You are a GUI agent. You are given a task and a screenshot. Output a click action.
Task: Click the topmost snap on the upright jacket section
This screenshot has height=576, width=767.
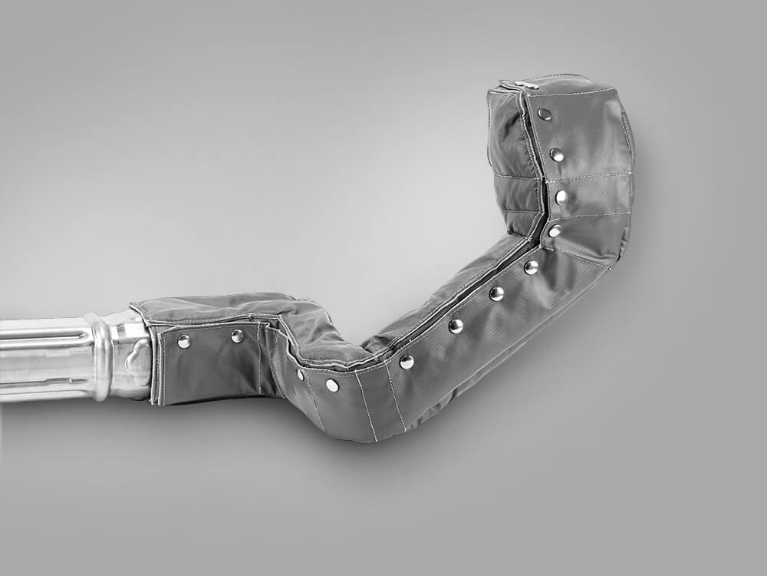tap(544, 114)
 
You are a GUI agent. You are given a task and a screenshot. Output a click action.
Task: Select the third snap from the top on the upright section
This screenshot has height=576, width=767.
tap(561, 197)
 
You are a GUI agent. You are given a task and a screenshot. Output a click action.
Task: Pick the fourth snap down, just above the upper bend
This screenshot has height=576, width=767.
tap(555, 230)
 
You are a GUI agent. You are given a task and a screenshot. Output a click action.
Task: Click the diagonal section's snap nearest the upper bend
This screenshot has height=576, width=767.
tap(531, 266)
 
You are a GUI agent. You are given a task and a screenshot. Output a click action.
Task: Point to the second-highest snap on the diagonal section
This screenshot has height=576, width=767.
tap(496, 293)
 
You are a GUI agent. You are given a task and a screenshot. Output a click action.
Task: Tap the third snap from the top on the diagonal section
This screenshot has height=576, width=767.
tap(456, 326)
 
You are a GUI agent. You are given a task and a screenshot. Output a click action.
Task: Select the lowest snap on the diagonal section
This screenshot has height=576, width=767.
tap(407, 361)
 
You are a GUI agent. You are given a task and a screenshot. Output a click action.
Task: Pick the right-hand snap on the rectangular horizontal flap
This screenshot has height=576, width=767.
tap(238, 336)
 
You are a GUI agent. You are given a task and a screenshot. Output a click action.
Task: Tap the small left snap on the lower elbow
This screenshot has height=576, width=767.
tap(300, 374)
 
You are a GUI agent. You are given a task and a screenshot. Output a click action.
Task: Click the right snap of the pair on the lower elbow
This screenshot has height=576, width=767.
tap(331, 385)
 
